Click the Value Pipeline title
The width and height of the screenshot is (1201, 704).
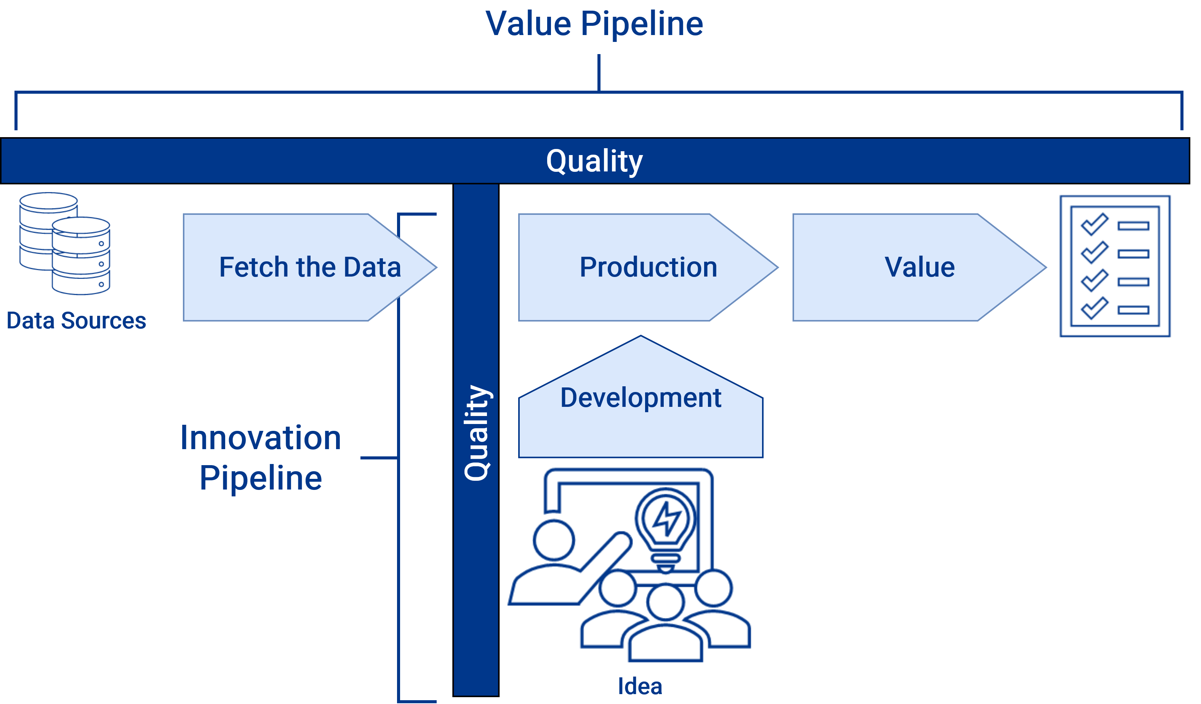click(x=594, y=24)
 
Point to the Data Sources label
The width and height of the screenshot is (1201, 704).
click(x=76, y=321)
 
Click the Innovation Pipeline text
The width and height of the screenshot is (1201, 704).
click(x=261, y=458)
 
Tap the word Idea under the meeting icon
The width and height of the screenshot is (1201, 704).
click(x=640, y=687)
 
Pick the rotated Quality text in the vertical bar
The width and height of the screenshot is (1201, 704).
click(x=476, y=433)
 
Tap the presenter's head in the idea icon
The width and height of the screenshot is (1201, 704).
click(x=553, y=541)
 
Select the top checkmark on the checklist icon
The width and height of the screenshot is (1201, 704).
click(x=1094, y=224)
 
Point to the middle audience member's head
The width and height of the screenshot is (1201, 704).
click(x=665, y=602)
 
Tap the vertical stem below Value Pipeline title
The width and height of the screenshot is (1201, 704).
click(x=599, y=72)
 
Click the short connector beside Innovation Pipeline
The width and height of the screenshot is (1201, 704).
click(x=379, y=458)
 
